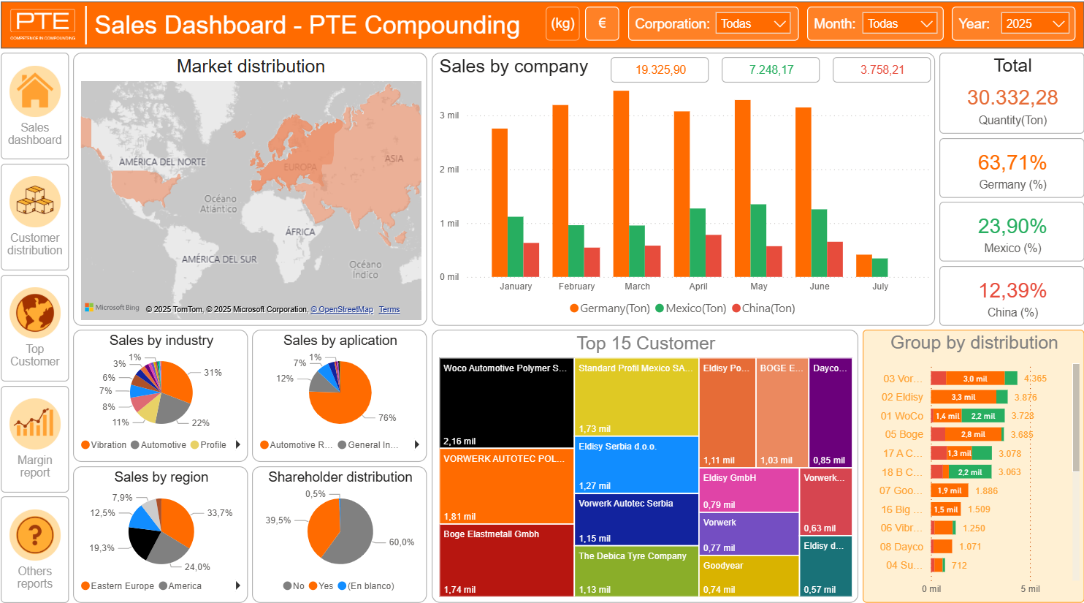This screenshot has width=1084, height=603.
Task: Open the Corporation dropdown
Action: pos(752,24)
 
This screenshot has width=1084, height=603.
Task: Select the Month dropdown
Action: pos(900,24)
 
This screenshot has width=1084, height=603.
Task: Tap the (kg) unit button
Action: pos(562,23)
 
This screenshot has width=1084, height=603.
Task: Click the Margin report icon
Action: pos(34,424)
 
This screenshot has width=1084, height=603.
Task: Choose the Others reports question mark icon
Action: pos(34,535)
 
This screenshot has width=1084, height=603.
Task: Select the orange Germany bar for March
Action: pos(621,183)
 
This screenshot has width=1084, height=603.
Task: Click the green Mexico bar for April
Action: pos(698,243)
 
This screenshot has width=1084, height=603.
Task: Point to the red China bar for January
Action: pos(531,259)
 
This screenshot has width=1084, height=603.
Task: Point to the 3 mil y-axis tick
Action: pos(449,115)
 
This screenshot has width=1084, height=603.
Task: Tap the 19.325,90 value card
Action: pos(660,70)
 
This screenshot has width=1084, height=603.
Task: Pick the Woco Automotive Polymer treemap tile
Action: pos(506,403)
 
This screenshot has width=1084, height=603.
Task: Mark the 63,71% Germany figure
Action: pos(1012,162)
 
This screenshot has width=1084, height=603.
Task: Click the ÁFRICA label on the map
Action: pos(300,232)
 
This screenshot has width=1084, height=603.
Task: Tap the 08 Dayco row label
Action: pos(901,547)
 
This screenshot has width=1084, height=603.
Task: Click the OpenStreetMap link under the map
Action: pos(342,310)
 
